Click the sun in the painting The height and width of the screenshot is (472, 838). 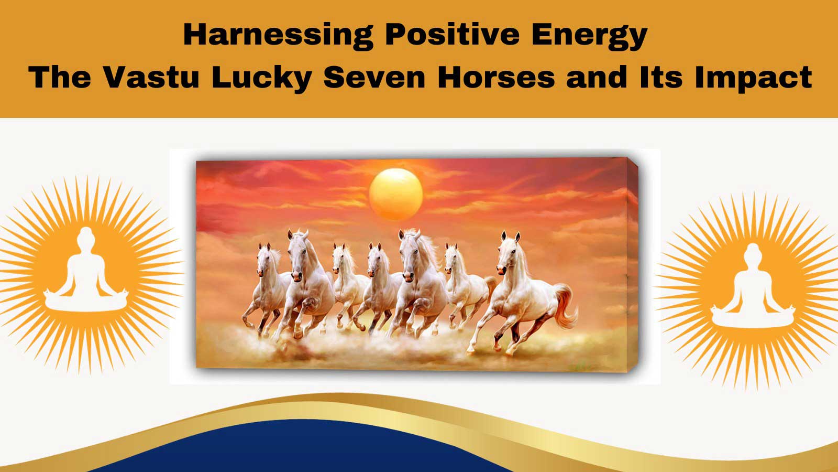click(396, 194)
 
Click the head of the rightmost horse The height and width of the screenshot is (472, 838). click(508, 253)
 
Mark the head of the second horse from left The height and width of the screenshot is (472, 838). click(297, 255)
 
